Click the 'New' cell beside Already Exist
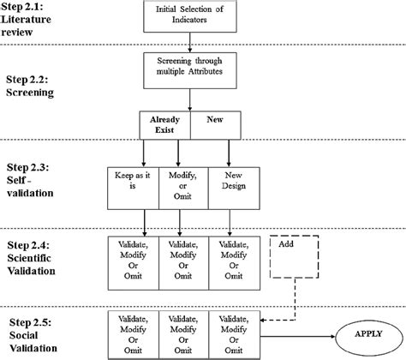point(213,123)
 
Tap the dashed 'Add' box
point(294,255)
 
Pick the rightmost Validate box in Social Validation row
point(234,332)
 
